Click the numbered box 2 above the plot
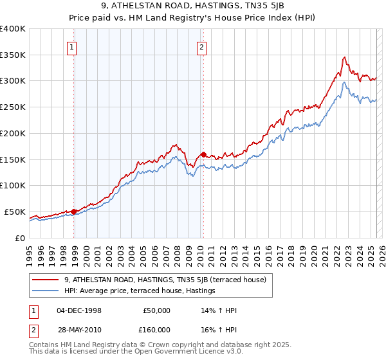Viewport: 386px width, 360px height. [x=201, y=46]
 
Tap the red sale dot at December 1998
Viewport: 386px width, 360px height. [x=74, y=211]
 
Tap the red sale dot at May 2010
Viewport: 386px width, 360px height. [x=203, y=154]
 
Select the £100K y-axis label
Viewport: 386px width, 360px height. [x=13, y=185]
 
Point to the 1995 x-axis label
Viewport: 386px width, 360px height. [x=30, y=252]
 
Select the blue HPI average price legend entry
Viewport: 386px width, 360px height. [x=139, y=291]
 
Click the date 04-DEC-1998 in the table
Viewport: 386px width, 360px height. [x=79, y=310]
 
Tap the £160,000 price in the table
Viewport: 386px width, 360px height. [x=157, y=329]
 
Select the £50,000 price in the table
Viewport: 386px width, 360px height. [x=157, y=310]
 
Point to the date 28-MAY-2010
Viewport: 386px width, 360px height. [x=80, y=329]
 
